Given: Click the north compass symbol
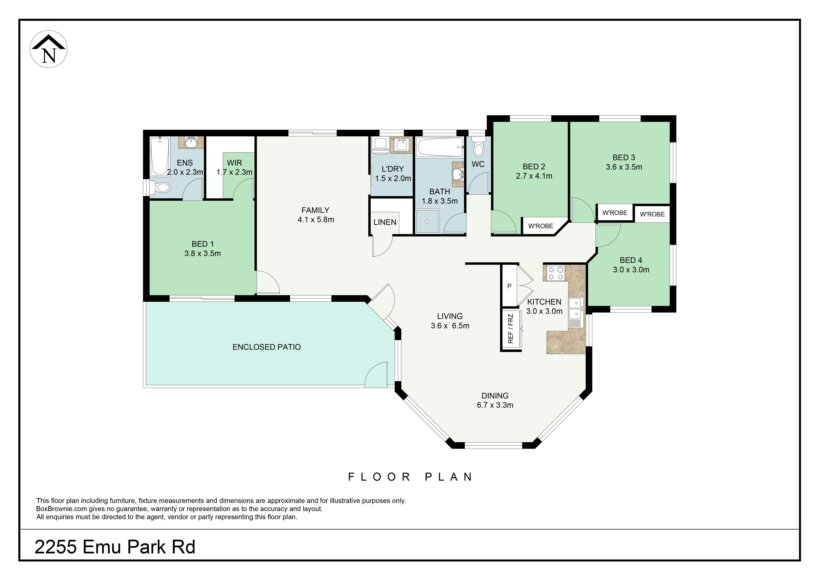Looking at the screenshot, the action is coord(49,49).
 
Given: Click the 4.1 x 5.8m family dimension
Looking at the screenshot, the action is coord(316,220).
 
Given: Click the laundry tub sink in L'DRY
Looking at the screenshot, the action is coord(401,145).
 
